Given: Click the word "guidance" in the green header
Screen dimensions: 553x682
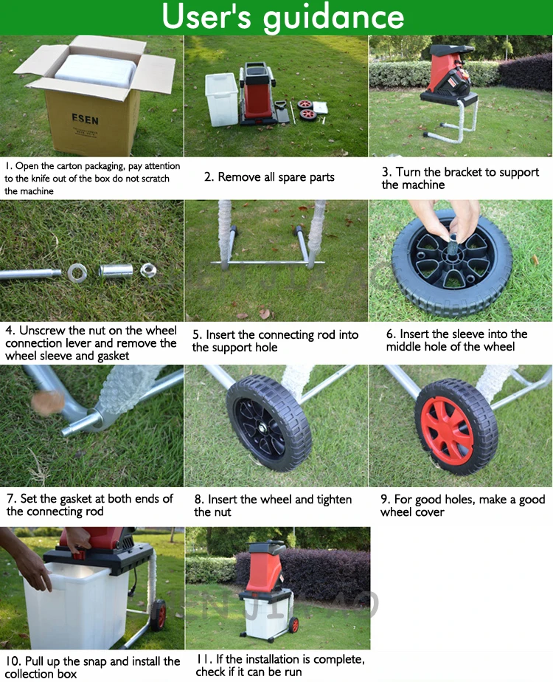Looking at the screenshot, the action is [333, 18].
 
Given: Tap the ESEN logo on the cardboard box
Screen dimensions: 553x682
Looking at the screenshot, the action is [85, 119].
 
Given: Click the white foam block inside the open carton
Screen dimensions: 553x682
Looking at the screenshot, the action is [97, 70].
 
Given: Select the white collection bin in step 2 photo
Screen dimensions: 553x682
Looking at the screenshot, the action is [221, 100].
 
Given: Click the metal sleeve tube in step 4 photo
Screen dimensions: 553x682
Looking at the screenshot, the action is [116, 270].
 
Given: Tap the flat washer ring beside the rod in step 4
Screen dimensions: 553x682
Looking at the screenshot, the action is [77, 273].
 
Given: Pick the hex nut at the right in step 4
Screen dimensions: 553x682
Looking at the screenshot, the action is [148, 270].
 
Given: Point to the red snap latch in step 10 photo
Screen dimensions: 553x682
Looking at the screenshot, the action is [79, 554].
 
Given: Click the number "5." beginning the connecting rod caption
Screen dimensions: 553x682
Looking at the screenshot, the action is [198, 335].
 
